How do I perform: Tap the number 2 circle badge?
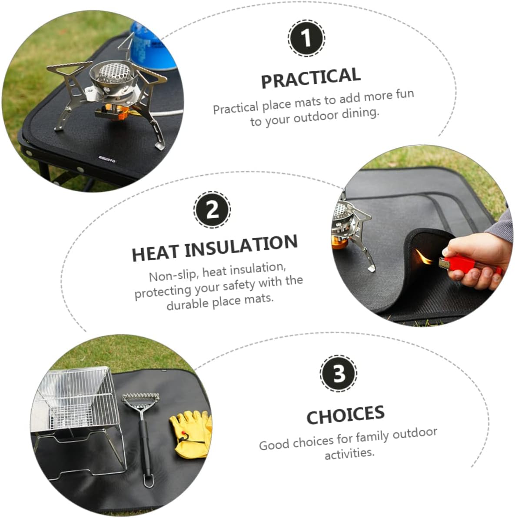(212, 210)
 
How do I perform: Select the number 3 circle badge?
(338, 374)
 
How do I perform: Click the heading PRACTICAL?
(310, 78)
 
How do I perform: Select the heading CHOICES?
(345, 414)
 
